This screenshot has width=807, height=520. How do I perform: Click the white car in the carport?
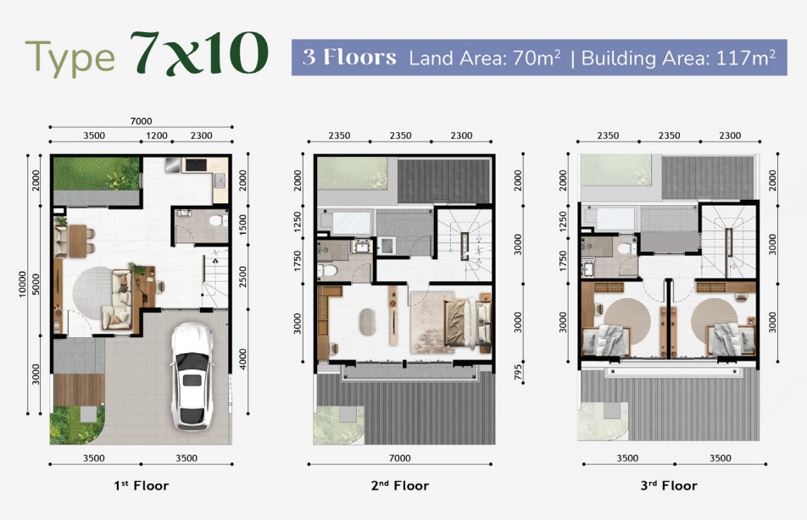pyautogui.click(x=192, y=375)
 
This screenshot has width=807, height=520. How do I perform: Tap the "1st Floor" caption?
pyautogui.click(x=142, y=485)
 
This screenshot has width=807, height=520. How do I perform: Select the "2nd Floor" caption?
pyautogui.click(x=400, y=485)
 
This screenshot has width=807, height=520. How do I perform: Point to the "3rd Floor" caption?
pyautogui.click(x=669, y=485)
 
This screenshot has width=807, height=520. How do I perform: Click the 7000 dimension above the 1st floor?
pyautogui.click(x=141, y=121)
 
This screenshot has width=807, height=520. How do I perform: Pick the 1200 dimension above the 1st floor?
pyautogui.click(x=157, y=136)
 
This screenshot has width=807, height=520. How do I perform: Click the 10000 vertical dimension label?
pyautogui.click(x=22, y=284)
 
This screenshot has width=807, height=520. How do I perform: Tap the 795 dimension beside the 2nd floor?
pyautogui.click(x=518, y=372)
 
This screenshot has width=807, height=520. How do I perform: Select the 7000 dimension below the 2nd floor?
pyautogui.click(x=400, y=458)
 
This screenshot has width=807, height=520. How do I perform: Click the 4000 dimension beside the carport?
pyautogui.click(x=243, y=358)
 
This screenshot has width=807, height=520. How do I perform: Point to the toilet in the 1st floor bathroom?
pyautogui.click(x=218, y=221)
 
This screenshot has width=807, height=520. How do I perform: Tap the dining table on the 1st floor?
pyautogui.click(x=78, y=241)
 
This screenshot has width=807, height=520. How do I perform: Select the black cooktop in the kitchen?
pyautogui.click(x=196, y=165)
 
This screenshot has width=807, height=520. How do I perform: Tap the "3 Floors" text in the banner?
pyautogui.click(x=349, y=57)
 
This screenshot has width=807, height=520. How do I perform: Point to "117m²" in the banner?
pyautogui.click(x=746, y=58)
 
